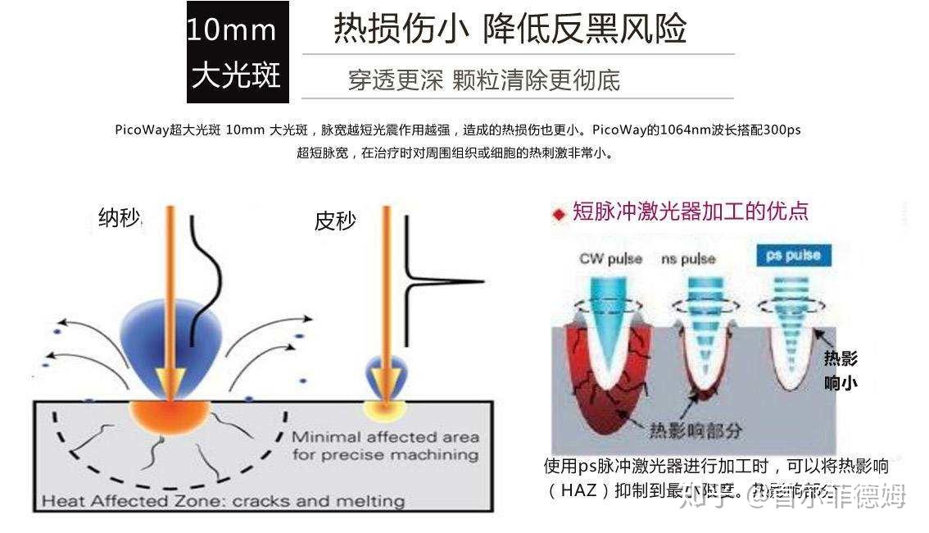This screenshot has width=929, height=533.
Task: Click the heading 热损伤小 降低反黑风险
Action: pos(509,29)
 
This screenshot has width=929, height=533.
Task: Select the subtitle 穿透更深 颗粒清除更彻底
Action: pos(483,80)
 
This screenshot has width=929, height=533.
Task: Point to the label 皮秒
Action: pos(335,221)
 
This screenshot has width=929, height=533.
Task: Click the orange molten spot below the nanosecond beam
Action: pos(170,415)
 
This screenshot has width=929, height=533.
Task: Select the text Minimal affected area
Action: pos(385,437)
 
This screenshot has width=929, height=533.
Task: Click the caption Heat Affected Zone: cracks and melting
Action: pos(223,501)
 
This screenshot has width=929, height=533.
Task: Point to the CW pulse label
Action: pos(610,258)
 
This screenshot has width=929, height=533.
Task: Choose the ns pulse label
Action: pos(688,259)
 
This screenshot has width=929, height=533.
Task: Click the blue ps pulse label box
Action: pos(792,255)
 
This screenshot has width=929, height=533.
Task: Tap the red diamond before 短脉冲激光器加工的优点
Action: pos(560,214)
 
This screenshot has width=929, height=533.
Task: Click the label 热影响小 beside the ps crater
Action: pos(841,370)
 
